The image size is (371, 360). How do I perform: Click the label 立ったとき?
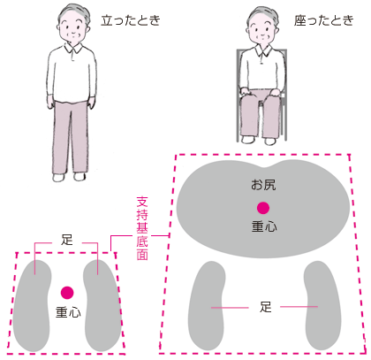point(131,20)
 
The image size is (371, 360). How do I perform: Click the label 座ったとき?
point(324,20)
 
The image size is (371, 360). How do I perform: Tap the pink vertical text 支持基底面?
point(142,229)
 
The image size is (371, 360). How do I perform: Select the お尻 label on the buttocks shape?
point(263,185)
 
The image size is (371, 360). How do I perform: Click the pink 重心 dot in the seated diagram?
point(263,208)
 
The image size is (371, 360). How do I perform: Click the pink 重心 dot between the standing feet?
point(67,293)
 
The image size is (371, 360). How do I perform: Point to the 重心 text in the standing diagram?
point(68,312)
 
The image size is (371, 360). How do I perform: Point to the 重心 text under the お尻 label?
point(264,226)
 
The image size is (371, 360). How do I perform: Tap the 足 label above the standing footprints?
point(67,240)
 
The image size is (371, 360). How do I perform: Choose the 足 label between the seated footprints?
point(265,307)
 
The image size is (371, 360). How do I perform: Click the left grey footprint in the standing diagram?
point(32,305)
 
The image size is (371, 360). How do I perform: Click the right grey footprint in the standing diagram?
point(102,305)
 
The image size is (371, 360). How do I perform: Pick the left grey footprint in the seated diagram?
point(207,305)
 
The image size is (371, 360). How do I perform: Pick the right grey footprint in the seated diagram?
point(322,305)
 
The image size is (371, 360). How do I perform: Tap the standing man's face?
point(73,29)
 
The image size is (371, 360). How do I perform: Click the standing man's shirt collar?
point(72,50)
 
